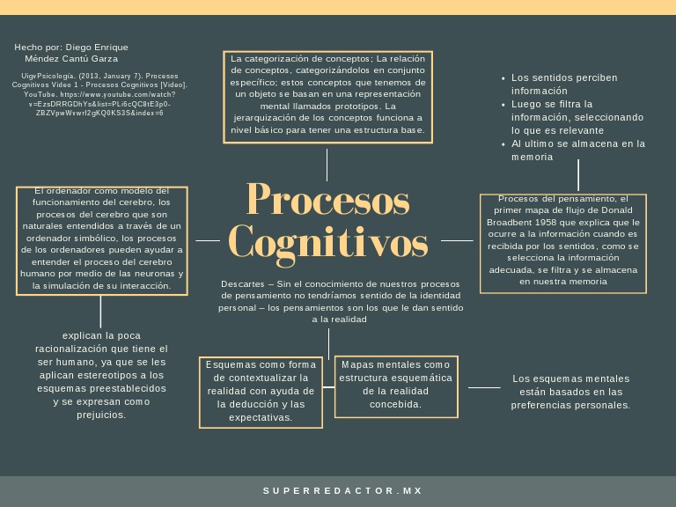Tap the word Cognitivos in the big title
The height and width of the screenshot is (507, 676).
(x=327, y=241)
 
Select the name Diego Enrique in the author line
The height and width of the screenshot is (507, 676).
(x=97, y=47)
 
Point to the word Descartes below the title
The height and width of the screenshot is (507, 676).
(x=242, y=285)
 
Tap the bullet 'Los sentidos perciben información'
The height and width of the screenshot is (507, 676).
(x=564, y=84)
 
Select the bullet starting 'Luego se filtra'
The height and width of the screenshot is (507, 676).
(x=577, y=116)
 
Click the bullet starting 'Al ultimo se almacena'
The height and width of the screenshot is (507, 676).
(x=577, y=150)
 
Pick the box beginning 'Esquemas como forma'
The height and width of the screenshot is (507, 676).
(x=261, y=391)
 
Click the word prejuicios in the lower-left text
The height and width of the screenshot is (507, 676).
(x=101, y=415)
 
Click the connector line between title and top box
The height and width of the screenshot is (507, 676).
(x=327, y=165)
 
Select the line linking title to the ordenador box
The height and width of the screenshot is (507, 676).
(x=208, y=239)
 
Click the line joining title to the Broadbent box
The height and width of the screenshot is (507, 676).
(x=456, y=239)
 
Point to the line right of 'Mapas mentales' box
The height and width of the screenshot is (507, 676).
(x=483, y=387)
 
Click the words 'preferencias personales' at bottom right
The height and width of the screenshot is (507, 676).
(x=570, y=405)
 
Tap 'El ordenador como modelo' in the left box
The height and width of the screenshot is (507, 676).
(x=100, y=190)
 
